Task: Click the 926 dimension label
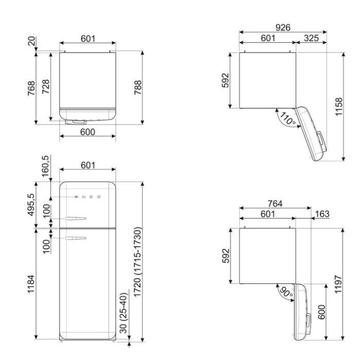[x=283, y=28]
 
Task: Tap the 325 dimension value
[x=311, y=38]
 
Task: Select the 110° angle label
[x=288, y=118]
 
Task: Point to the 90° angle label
[x=286, y=292]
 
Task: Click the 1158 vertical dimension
[x=339, y=107]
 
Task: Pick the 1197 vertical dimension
[x=338, y=284]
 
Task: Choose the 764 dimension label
[x=275, y=204]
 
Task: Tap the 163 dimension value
[x=322, y=214]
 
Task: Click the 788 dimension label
[x=138, y=87]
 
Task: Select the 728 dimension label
[x=46, y=86]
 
